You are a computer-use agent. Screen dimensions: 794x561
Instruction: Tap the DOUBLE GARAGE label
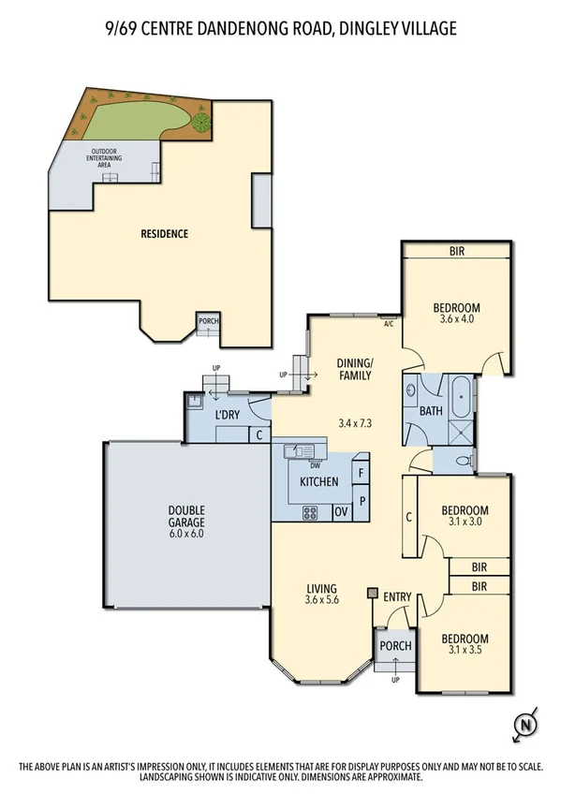pos(187,516)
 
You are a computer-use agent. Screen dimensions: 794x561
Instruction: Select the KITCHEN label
pos(318,482)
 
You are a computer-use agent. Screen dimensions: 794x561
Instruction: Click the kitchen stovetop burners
pos(310,512)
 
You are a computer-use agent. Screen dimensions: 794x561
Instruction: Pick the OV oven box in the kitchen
pos(341,512)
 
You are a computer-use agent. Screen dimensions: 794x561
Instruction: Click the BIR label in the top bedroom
pos(457,251)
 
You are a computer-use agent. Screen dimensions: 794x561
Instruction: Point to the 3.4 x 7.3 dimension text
pos(355,423)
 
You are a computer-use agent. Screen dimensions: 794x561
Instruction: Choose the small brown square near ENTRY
pos(373,593)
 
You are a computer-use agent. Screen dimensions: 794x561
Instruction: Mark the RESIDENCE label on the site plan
pos(165,233)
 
